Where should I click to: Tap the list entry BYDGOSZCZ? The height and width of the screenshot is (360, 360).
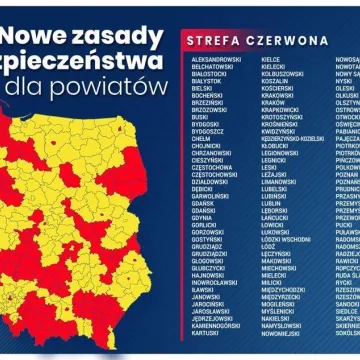(209, 130)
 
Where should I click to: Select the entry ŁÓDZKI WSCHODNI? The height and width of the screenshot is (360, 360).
(286, 239)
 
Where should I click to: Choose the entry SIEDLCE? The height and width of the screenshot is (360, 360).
(347, 309)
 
